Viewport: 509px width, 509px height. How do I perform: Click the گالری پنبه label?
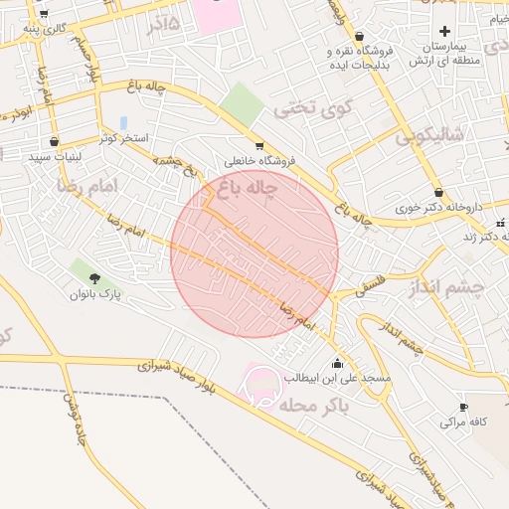pos(47,28)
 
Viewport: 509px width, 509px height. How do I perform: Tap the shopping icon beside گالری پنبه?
pos(44,14)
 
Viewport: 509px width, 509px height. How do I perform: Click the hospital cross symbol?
pos(444,31)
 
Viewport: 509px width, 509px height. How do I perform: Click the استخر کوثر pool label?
pos(123,137)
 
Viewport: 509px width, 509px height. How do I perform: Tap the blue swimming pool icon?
pos(123,122)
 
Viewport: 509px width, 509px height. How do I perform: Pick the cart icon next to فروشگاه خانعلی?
pos(259,146)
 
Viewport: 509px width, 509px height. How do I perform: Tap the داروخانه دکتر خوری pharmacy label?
pos(438,208)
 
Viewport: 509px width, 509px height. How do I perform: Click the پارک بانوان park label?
pos(94,294)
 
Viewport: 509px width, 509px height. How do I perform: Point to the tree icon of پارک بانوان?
pos(94,278)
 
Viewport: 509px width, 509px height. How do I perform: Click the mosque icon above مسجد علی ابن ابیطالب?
pos(338,362)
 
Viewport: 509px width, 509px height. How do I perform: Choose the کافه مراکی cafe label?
pos(463,422)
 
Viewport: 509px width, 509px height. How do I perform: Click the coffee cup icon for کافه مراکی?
pos(463,407)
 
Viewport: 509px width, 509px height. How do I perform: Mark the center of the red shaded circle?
pos(254,254)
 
